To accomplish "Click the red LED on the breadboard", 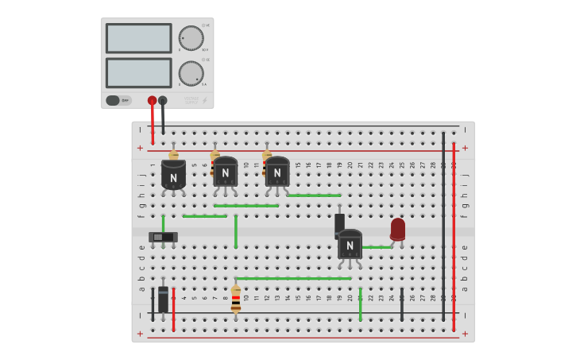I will pos(397,229).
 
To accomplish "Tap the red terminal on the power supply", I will pos(152,101).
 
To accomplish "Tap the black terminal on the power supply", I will pos(163,101).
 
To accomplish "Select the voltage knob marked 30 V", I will pos(191,38).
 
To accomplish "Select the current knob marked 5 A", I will pos(191,73).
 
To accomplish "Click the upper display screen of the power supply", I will pos(138,38).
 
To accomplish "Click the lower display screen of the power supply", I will pos(138,73).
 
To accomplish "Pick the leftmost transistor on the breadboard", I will pos(173,174).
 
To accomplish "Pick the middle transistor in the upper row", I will pos(225,172).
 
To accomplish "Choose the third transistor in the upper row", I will pos(276,172).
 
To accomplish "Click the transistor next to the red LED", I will pos(350,245).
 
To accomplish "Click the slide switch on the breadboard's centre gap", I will pos(163,237).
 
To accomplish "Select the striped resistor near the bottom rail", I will pos(236,300).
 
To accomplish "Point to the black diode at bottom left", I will pos(163,300).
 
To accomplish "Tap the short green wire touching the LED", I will pos(377,247).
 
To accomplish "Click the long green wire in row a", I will pos(293,278).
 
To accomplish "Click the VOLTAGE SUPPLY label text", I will pos(191,100).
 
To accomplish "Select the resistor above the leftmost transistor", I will pos(173,155).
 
